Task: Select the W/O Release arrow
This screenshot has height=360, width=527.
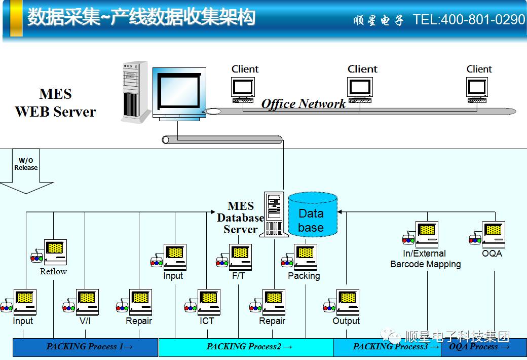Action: point(26,172)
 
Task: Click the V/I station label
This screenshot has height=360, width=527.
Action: point(85,321)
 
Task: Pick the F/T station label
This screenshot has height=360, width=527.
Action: point(239,276)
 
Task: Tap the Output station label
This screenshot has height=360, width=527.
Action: point(346,321)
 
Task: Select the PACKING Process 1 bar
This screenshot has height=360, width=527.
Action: point(86,347)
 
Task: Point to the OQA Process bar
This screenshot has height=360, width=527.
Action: point(479,347)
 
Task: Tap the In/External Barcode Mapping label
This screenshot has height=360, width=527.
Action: point(425,259)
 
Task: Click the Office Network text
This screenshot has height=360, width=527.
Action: point(304,104)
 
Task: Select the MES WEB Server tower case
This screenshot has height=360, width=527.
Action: point(135,91)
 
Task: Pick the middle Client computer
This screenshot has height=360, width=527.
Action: point(360,88)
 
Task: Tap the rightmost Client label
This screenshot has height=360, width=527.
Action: point(479,69)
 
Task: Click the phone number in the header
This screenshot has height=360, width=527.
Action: point(469,20)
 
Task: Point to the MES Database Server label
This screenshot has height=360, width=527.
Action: point(241,218)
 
